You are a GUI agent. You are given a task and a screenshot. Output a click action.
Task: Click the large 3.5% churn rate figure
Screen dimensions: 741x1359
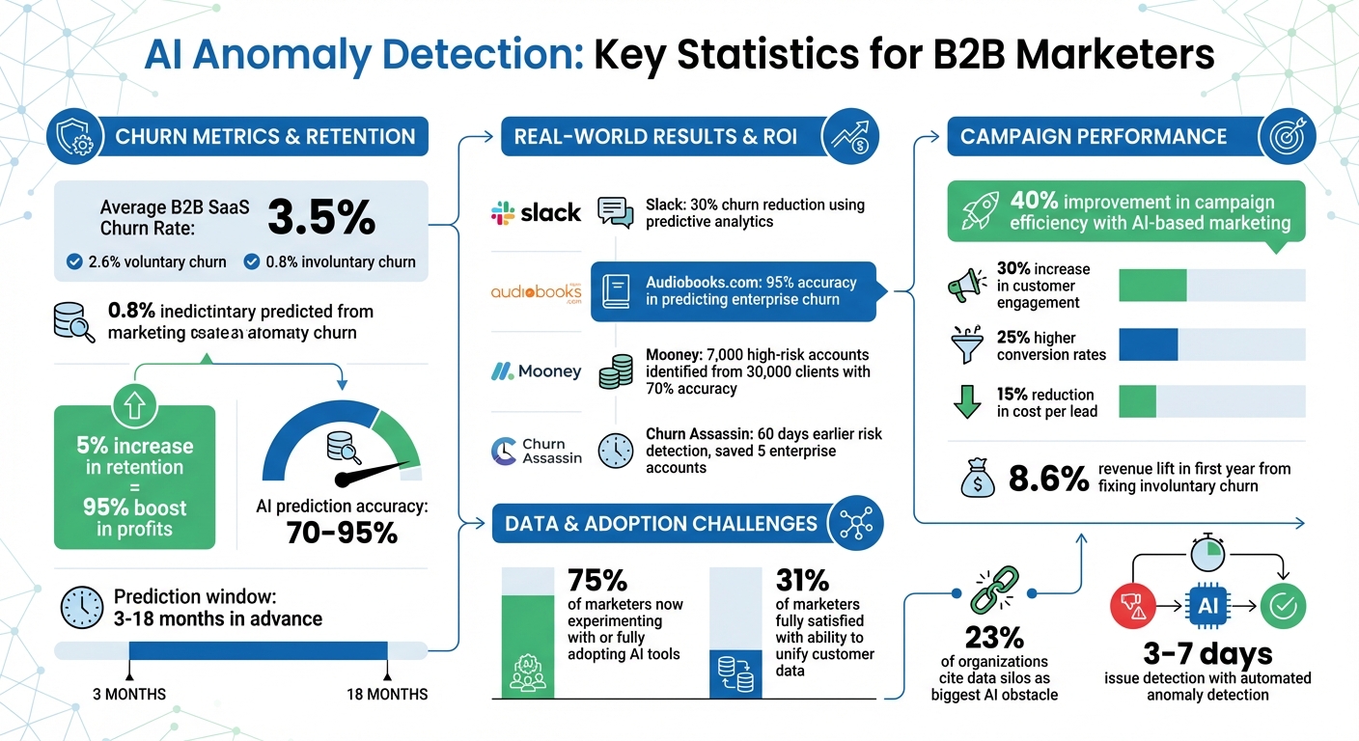pos(320,218)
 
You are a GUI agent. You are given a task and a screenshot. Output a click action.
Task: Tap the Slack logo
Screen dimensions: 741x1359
pos(536,212)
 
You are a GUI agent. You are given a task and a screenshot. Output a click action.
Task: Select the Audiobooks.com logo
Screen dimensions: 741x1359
pos(536,292)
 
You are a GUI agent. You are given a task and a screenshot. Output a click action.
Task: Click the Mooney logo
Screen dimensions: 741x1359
pos(536,371)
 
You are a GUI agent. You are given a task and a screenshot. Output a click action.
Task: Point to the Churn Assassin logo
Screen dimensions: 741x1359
pos(536,451)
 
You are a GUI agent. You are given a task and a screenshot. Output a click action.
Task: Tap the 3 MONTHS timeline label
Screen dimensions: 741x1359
pos(128,694)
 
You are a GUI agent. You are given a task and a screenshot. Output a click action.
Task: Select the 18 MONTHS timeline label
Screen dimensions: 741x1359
pos(386,694)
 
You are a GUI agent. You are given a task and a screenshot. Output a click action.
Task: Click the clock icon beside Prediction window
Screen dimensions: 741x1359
pos(81,607)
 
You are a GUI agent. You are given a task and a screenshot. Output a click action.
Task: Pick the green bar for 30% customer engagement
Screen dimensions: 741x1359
pos(1151,286)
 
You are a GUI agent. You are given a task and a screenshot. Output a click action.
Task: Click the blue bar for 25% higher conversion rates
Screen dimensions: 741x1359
pos(1148,344)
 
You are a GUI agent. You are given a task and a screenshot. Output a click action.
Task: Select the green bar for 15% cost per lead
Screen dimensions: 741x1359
pos(1136,401)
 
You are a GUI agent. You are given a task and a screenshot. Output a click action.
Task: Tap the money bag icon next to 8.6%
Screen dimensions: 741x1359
pos(978,478)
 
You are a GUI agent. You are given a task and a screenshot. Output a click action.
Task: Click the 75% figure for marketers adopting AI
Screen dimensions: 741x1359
pos(598,580)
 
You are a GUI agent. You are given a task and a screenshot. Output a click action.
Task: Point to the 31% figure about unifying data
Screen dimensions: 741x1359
pos(802,580)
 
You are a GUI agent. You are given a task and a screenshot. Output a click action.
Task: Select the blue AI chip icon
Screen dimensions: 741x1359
pos(1206,606)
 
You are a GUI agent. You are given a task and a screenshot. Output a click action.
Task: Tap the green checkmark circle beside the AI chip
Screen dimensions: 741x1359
pos(1285,606)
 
